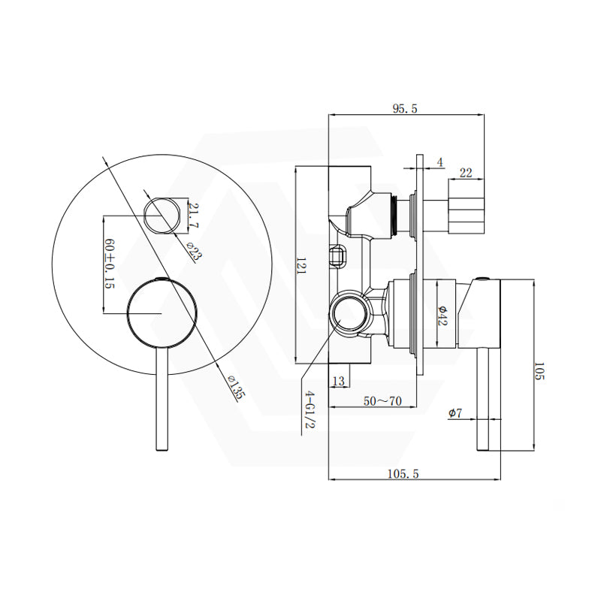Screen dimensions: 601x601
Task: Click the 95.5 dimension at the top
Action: tap(404, 109)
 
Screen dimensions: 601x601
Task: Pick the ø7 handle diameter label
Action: tap(455, 413)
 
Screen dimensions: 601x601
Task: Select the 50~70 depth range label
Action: tap(382, 402)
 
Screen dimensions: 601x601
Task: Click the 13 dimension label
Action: tap(337, 382)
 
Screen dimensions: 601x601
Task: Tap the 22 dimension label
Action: tap(466, 173)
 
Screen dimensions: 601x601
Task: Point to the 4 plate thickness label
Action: tap(440, 162)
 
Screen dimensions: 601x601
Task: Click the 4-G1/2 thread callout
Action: tap(308, 410)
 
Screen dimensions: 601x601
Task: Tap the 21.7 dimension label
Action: tap(194, 214)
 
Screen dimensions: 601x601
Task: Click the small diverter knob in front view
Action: tap(164, 214)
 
